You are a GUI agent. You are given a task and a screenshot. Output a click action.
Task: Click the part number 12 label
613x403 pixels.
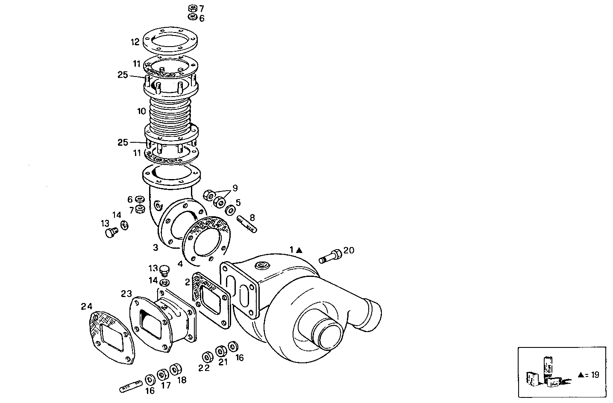coord(135,42)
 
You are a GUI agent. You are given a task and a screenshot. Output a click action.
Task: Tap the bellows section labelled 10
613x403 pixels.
coord(170,112)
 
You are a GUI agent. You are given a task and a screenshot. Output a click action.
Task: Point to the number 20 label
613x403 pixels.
coord(349,250)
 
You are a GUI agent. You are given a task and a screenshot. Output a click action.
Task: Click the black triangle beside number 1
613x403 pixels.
coord(299,250)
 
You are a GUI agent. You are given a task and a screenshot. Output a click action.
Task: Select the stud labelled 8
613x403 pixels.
coord(247,224)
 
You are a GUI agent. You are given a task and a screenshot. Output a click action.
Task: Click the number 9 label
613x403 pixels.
coord(235,188)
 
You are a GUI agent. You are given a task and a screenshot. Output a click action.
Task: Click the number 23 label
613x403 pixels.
coord(126,294)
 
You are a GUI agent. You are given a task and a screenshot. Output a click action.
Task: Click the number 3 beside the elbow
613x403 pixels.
coord(156,247)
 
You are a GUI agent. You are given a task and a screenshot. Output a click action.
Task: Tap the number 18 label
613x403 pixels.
coord(181,380)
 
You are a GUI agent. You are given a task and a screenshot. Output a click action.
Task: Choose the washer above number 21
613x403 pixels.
coord(221,351)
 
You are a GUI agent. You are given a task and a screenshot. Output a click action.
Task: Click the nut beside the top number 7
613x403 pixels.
coord(192,8)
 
